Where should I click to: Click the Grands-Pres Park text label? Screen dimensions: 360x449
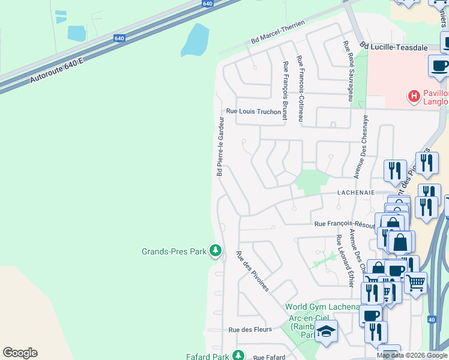pos(173,251)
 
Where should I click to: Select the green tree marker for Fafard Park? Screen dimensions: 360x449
pos(239,355)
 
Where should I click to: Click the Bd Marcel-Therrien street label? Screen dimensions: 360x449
pos(278,33)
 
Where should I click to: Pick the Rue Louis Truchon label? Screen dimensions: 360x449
pos(253,112)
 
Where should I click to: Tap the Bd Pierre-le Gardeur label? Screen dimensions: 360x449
pos(220,146)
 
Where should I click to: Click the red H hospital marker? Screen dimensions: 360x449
pos(414,96)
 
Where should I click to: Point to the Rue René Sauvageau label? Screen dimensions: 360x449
pos(347,71)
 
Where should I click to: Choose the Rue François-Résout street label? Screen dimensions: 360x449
pos(346,223)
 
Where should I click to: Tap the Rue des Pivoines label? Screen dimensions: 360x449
pos(253,271)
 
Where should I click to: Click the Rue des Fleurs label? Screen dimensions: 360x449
pos(250,329)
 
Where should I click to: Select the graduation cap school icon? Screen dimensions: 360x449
pos(326,331)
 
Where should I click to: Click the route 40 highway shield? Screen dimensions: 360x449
pos(432,320)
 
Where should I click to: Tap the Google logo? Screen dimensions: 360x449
pos(20,353)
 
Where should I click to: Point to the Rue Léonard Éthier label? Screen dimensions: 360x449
pos(344,260)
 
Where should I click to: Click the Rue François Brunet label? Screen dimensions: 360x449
pos(285,91)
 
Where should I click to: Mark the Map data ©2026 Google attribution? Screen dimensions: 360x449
pos(412,356)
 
